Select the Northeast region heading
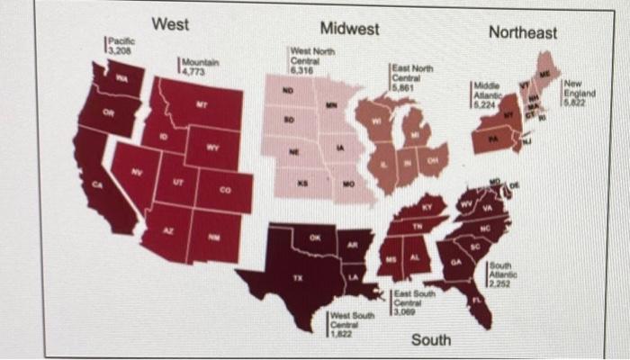[x=523, y=32]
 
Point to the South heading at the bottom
[x=431, y=340]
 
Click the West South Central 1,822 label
[x=350, y=322]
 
